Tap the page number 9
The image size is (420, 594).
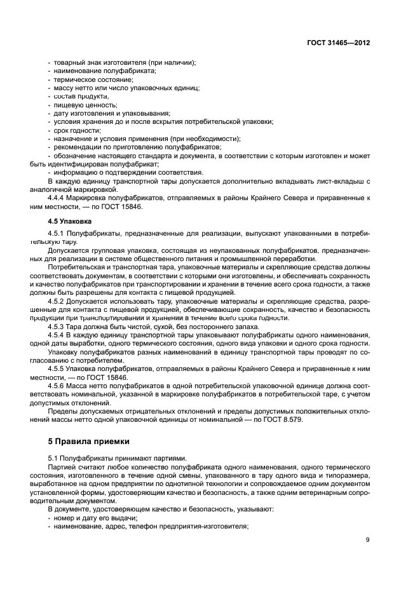point(368,541)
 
